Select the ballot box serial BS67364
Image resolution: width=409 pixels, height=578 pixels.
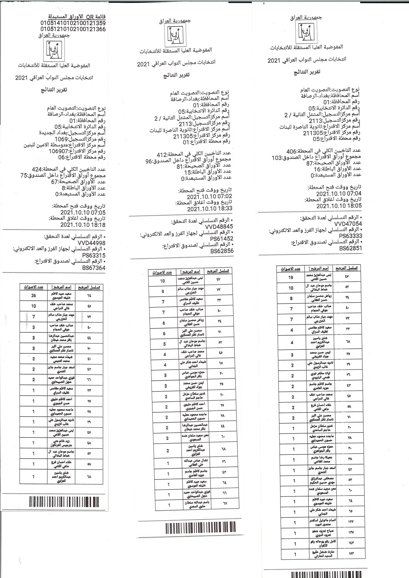[x=93, y=268]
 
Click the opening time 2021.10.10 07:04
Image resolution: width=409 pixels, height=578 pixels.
[x=339, y=194]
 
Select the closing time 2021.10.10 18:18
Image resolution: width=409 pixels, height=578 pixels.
[x=83, y=225]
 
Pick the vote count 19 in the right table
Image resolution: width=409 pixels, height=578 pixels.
[x=291, y=277]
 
